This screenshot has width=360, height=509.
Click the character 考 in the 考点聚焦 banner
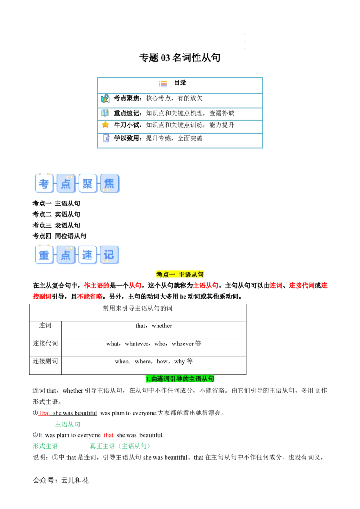[44, 183]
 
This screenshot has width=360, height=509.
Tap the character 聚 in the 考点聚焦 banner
[88, 183]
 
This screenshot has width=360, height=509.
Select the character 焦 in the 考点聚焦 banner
[109, 183]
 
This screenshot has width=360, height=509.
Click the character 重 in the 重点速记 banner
[44, 255]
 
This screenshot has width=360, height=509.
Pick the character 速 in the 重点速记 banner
[87, 255]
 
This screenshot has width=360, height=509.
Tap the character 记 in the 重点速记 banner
[109, 255]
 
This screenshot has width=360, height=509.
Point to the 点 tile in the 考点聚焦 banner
[66, 183]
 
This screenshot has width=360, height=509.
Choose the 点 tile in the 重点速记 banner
[66, 255]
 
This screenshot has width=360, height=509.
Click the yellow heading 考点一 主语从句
[180, 275]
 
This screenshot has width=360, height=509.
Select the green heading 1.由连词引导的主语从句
[180, 379]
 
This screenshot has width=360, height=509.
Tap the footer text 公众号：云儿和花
[61, 480]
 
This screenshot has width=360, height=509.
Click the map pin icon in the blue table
[105, 98]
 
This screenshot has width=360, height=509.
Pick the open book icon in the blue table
[105, 112]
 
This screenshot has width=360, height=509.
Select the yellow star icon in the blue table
[105, 125]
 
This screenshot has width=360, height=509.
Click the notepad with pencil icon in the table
[106, 138]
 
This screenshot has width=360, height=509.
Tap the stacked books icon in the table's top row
[163, 84]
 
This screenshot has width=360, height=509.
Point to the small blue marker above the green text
[40, 435]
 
